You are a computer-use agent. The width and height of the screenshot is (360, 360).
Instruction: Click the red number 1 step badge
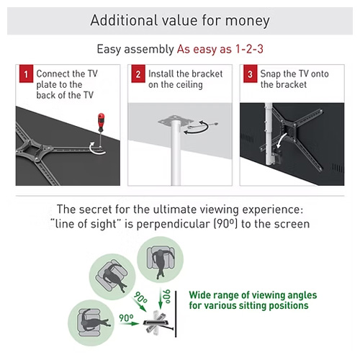click(26, 73)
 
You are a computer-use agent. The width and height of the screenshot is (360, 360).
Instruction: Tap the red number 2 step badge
click(138, 73)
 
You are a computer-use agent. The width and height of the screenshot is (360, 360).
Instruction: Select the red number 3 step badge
click(251, 73)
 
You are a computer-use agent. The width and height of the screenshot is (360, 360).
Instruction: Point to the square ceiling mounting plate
click(176, 120)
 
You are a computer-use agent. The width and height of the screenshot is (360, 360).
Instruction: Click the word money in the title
click(247, 21)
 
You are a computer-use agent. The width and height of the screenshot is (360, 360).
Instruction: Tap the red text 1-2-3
click(249, 49)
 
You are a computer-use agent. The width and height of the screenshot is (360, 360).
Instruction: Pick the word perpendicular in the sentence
click(174, 224)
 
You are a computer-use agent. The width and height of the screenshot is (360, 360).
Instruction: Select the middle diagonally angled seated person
click(113, 276)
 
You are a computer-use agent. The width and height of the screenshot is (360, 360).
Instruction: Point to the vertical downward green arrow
click(161, 299)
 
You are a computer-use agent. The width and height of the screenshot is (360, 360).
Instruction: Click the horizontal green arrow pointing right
click(129, 323)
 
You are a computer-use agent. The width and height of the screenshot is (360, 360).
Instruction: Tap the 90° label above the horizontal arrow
click(126, 318)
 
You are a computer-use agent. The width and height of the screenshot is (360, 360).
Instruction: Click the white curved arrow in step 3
click(282, 140)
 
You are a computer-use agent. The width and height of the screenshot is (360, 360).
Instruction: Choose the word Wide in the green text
click(199, 295)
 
